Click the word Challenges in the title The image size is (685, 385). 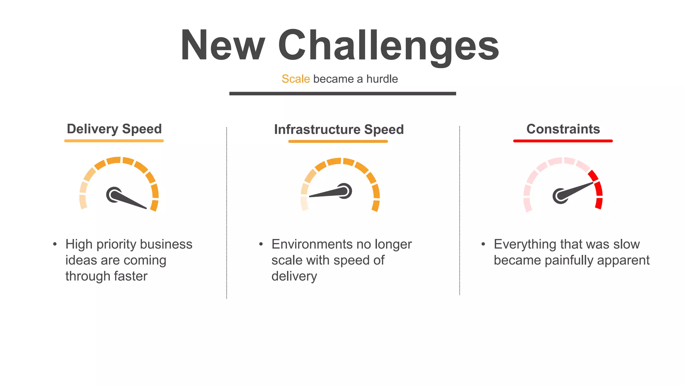pyautogui.click(x=388, y=46)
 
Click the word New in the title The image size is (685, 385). pyautogui.click(x=223, y=46)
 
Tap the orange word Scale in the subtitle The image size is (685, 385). pyautogui.click(x=296, y=79)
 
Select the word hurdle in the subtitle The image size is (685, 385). pyautogui.click(x=382, y=79)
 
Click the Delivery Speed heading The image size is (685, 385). pyautogui.click(x=114, y=129)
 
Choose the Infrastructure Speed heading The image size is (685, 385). pyautogui.click(x=339, y=130)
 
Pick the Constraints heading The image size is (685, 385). pyautogui.click(x=563, y=129)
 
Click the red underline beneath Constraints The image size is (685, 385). pyautogui.click(x=563, y=141)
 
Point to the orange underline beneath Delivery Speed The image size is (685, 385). pyautogui.click(x=114, y=141)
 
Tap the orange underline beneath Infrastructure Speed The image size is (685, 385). pyautogui.click(x=338, y=141)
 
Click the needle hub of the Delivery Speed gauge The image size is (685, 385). pyautogui.click(x=114, y=195)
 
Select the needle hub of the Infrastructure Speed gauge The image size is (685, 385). pyautogui.click(x=345, y=191)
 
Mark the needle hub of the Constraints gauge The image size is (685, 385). pyautogui.click(x=560, y=196)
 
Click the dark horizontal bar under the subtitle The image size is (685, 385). pyautogui.click(x=342, y=94)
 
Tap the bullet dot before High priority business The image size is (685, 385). pyautogui.click(x=55, y=244)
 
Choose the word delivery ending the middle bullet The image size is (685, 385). pyautogui.click(x=294, y=276)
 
